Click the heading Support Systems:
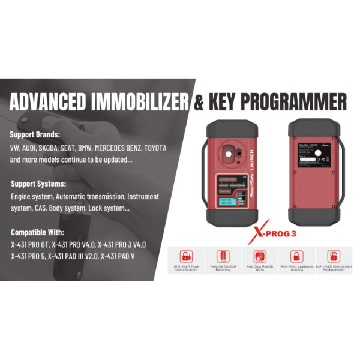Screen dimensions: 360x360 point(38,184)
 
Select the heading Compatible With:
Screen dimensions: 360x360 point(37,232)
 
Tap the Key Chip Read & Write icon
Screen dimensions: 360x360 point(260,256)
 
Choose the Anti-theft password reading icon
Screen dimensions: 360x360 point(296,256)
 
